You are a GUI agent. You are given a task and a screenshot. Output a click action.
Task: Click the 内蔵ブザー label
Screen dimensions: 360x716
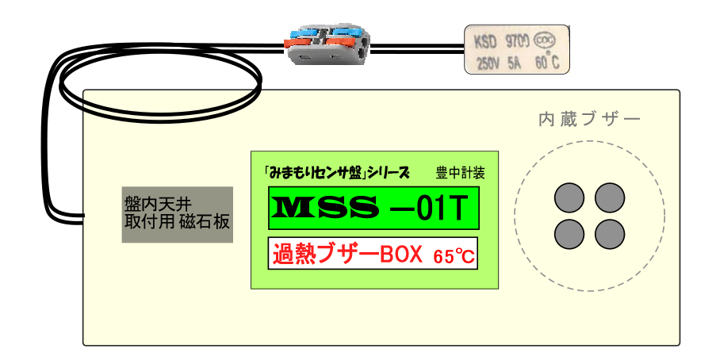(x=589, y=121)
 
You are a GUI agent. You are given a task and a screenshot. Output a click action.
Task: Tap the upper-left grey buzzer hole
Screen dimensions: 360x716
(x=569, y=197)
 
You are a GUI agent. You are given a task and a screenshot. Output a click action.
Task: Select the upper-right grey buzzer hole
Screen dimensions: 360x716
(x=610, y=197)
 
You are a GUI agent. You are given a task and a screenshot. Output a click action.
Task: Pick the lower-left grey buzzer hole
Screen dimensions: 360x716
(x=569, y=233)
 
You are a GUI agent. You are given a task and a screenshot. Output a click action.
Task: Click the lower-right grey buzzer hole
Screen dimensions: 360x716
(x=610, y=233)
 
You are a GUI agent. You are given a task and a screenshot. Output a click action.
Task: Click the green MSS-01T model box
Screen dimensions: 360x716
(x=373, y=207)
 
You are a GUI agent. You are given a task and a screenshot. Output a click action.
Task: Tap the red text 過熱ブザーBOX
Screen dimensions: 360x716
(x=349, y=255)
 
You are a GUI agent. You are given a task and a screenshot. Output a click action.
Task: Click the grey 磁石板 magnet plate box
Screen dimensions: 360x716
(x=177, y=214)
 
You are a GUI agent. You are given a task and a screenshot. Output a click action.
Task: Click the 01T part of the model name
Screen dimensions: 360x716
(x=439, y=207)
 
